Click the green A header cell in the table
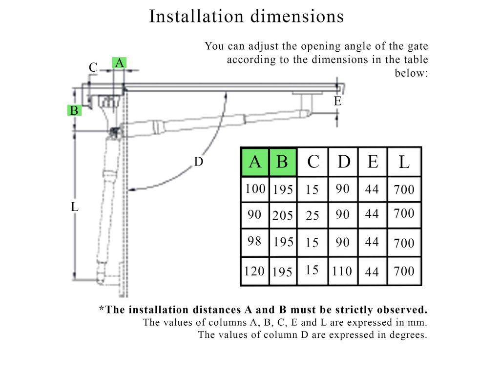(255, 162)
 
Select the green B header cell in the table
(283, 162)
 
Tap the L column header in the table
(404, 162)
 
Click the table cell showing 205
(283, 215)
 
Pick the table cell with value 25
(312, 215)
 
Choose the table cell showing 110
(342, 271)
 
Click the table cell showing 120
(254, 271)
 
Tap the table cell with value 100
(255, 189)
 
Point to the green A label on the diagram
(119, 63)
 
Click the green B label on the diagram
(74, 110)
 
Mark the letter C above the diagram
(93, 67)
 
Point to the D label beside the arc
(198, 162)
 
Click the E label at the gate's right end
(337, 101)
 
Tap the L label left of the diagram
(74, 207)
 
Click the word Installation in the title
(196, 16)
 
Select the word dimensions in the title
(297, 16)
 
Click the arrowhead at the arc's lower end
(131, 190)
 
